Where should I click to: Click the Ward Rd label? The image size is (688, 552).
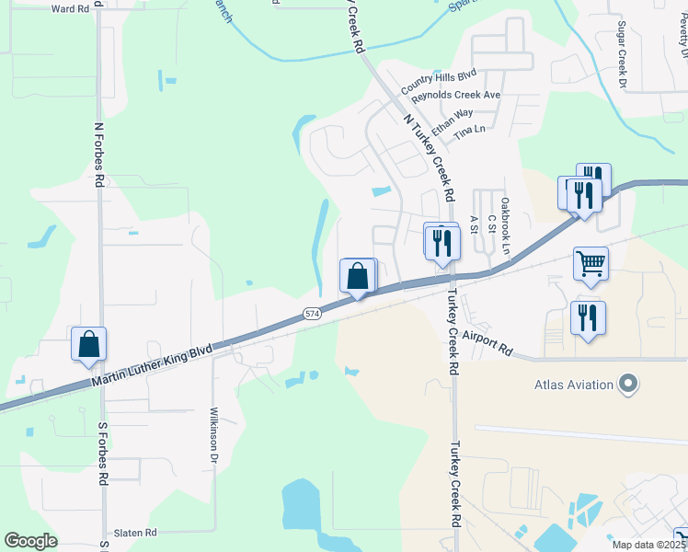click(x=71, y=8)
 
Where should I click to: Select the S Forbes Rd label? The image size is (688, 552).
click(x=104, y=453)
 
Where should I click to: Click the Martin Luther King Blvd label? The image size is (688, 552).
click(x=151, y=364)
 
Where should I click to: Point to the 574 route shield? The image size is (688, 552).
click(x=312, y=315)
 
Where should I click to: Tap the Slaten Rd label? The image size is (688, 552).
click(x=135, y=533)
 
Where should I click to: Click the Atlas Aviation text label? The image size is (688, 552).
click(x=574, y=384)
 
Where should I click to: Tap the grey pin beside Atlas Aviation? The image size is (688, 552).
click(x=629, y=383)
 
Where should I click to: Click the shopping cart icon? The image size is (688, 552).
click(x=591, y=264)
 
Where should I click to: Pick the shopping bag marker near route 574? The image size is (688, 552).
click(x=358, y=275)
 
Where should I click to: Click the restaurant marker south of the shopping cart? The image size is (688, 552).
click(x=588, y=318)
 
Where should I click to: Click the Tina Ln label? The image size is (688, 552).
click(x=468, y=130)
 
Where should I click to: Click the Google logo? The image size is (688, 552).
click(x=31, y=541)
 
